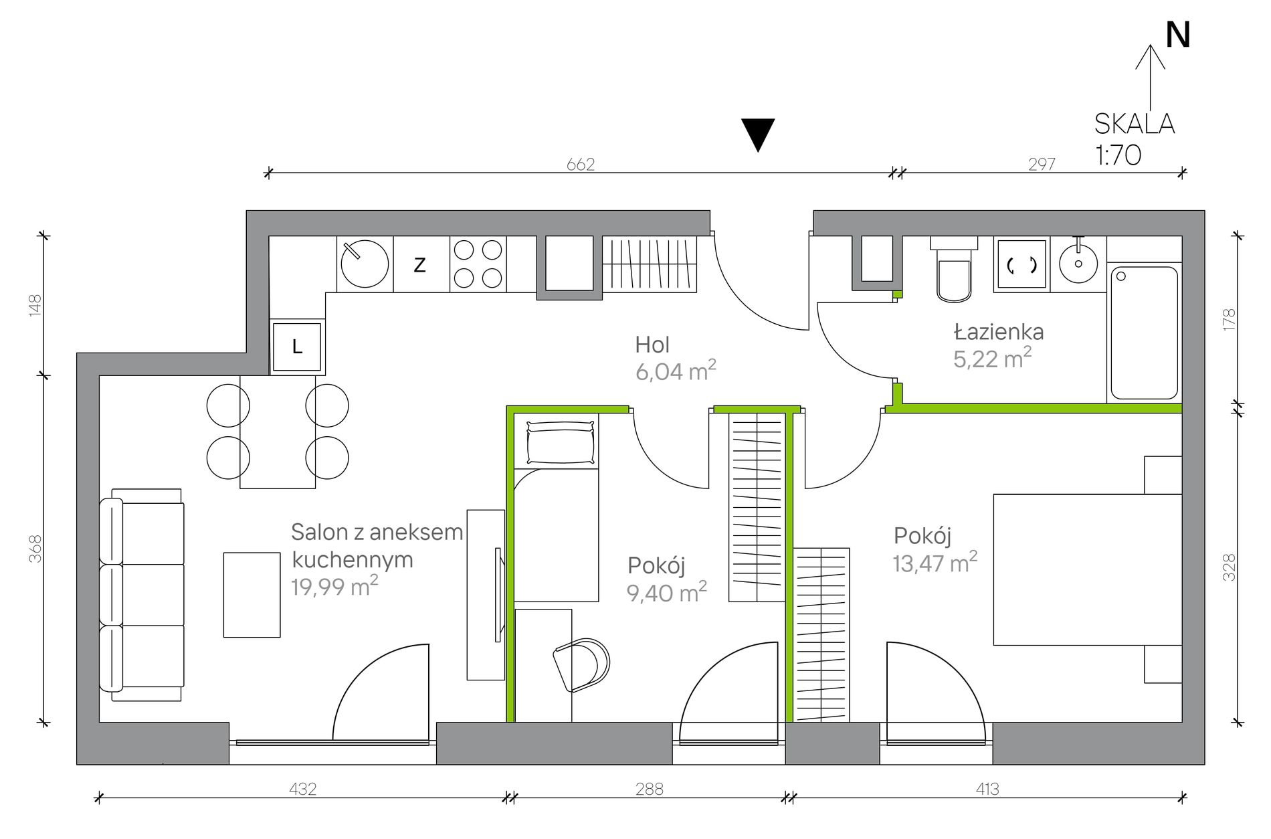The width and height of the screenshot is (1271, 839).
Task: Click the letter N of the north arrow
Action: (x=1177, y=35)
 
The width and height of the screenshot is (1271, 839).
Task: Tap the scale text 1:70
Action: (x=1118, y=155)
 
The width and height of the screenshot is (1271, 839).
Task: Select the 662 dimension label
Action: (x=580, y=164)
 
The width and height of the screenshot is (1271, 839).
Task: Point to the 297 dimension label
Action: (x=1042, y=164)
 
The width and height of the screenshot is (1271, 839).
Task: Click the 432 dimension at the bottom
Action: (x=302, y=789)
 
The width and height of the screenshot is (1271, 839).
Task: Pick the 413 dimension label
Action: (x=987, y=789)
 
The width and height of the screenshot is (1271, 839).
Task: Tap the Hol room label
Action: (x=652, y=345)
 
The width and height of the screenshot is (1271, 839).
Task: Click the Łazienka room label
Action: (x=999, y=331)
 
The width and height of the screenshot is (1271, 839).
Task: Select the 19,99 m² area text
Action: (x=334, y=586)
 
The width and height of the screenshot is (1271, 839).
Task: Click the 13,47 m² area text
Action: (x=935, y=563)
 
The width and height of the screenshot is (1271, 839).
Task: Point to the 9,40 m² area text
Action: (x=666, y=592)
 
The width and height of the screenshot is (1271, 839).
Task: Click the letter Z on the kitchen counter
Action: (x=419, y=265)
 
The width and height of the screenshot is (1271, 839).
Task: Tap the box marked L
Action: (x=297, y=346)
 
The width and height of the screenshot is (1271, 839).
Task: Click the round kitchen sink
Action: (x=365, y=264)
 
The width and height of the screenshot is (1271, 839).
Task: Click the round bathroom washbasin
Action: (x=1078, y=264)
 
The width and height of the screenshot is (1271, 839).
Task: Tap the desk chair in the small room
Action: (x=581, y=664)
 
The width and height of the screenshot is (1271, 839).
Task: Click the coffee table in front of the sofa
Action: (x=252, y=595)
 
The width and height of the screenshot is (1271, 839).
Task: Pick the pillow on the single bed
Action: (x=561, y=443)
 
